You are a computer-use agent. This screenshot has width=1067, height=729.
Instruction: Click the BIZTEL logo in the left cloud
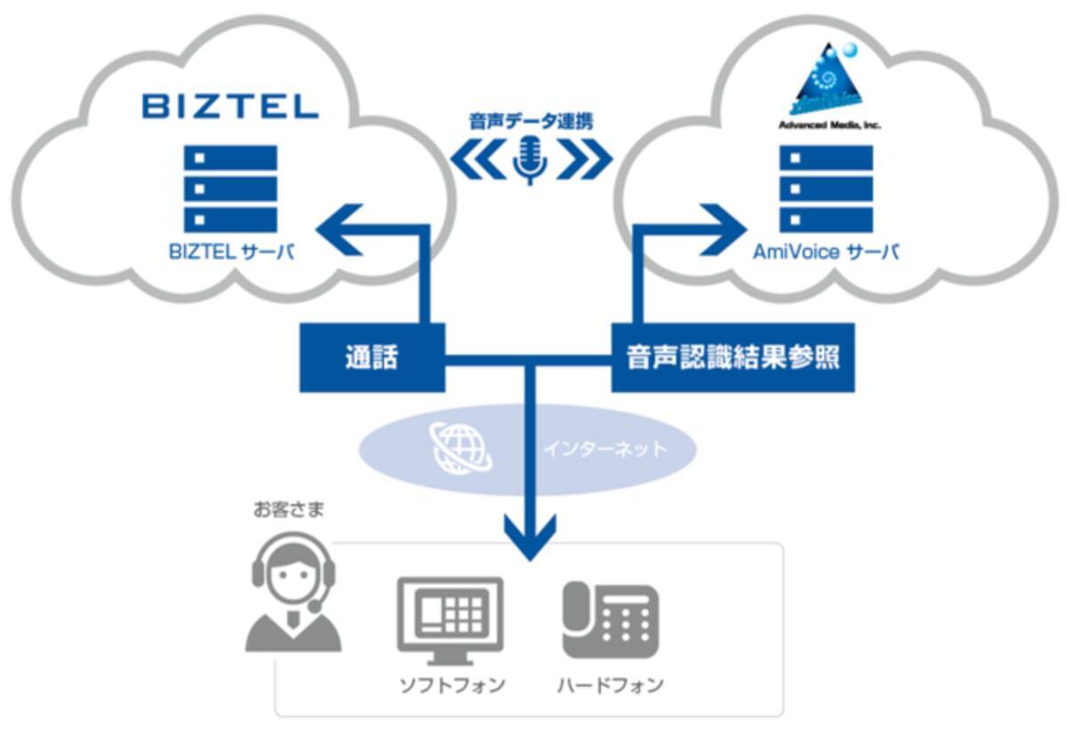coord(229,108)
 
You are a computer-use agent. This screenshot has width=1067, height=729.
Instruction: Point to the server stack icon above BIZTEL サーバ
coord(230,188)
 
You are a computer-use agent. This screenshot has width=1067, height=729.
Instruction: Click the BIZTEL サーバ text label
coord(231,252)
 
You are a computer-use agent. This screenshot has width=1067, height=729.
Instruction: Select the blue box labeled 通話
coord(372,358)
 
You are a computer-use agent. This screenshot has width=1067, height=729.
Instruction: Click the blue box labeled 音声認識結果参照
coord(733,358)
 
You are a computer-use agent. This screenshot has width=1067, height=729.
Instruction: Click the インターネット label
coord(605,449)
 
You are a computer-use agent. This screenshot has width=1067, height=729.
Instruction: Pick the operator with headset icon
coord(293,591)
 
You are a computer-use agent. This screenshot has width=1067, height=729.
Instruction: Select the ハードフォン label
coord(610,685)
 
